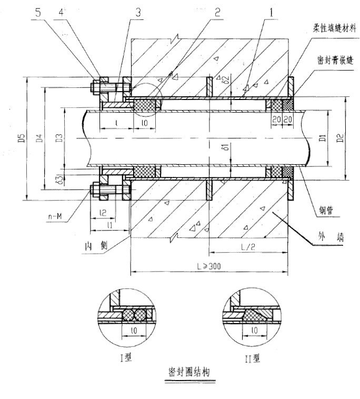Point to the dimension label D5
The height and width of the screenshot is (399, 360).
coord(21,139)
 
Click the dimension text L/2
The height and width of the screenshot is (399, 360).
coord(248,246)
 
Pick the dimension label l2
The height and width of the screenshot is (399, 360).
coord(103,213)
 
